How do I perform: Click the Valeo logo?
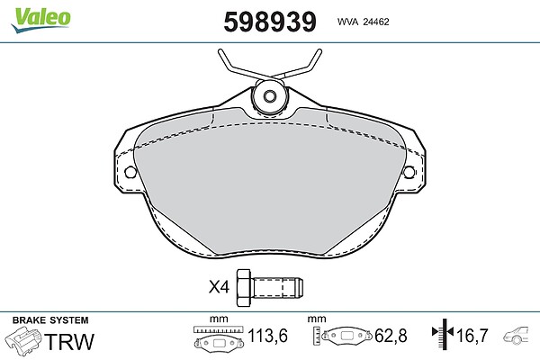click(41, 20)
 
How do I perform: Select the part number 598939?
click(270, 22)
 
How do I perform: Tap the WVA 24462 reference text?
click(363, 22)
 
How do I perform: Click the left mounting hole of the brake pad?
click(130, 172)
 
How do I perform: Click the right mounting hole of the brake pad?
click(409, 172)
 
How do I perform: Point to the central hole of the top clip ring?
click(270, 96)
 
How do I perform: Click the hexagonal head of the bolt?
click(245, 287)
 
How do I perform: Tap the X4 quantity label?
click(219, 286)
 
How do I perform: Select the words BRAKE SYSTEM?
click(50, 320)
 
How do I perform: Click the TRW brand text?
click(69, 341)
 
